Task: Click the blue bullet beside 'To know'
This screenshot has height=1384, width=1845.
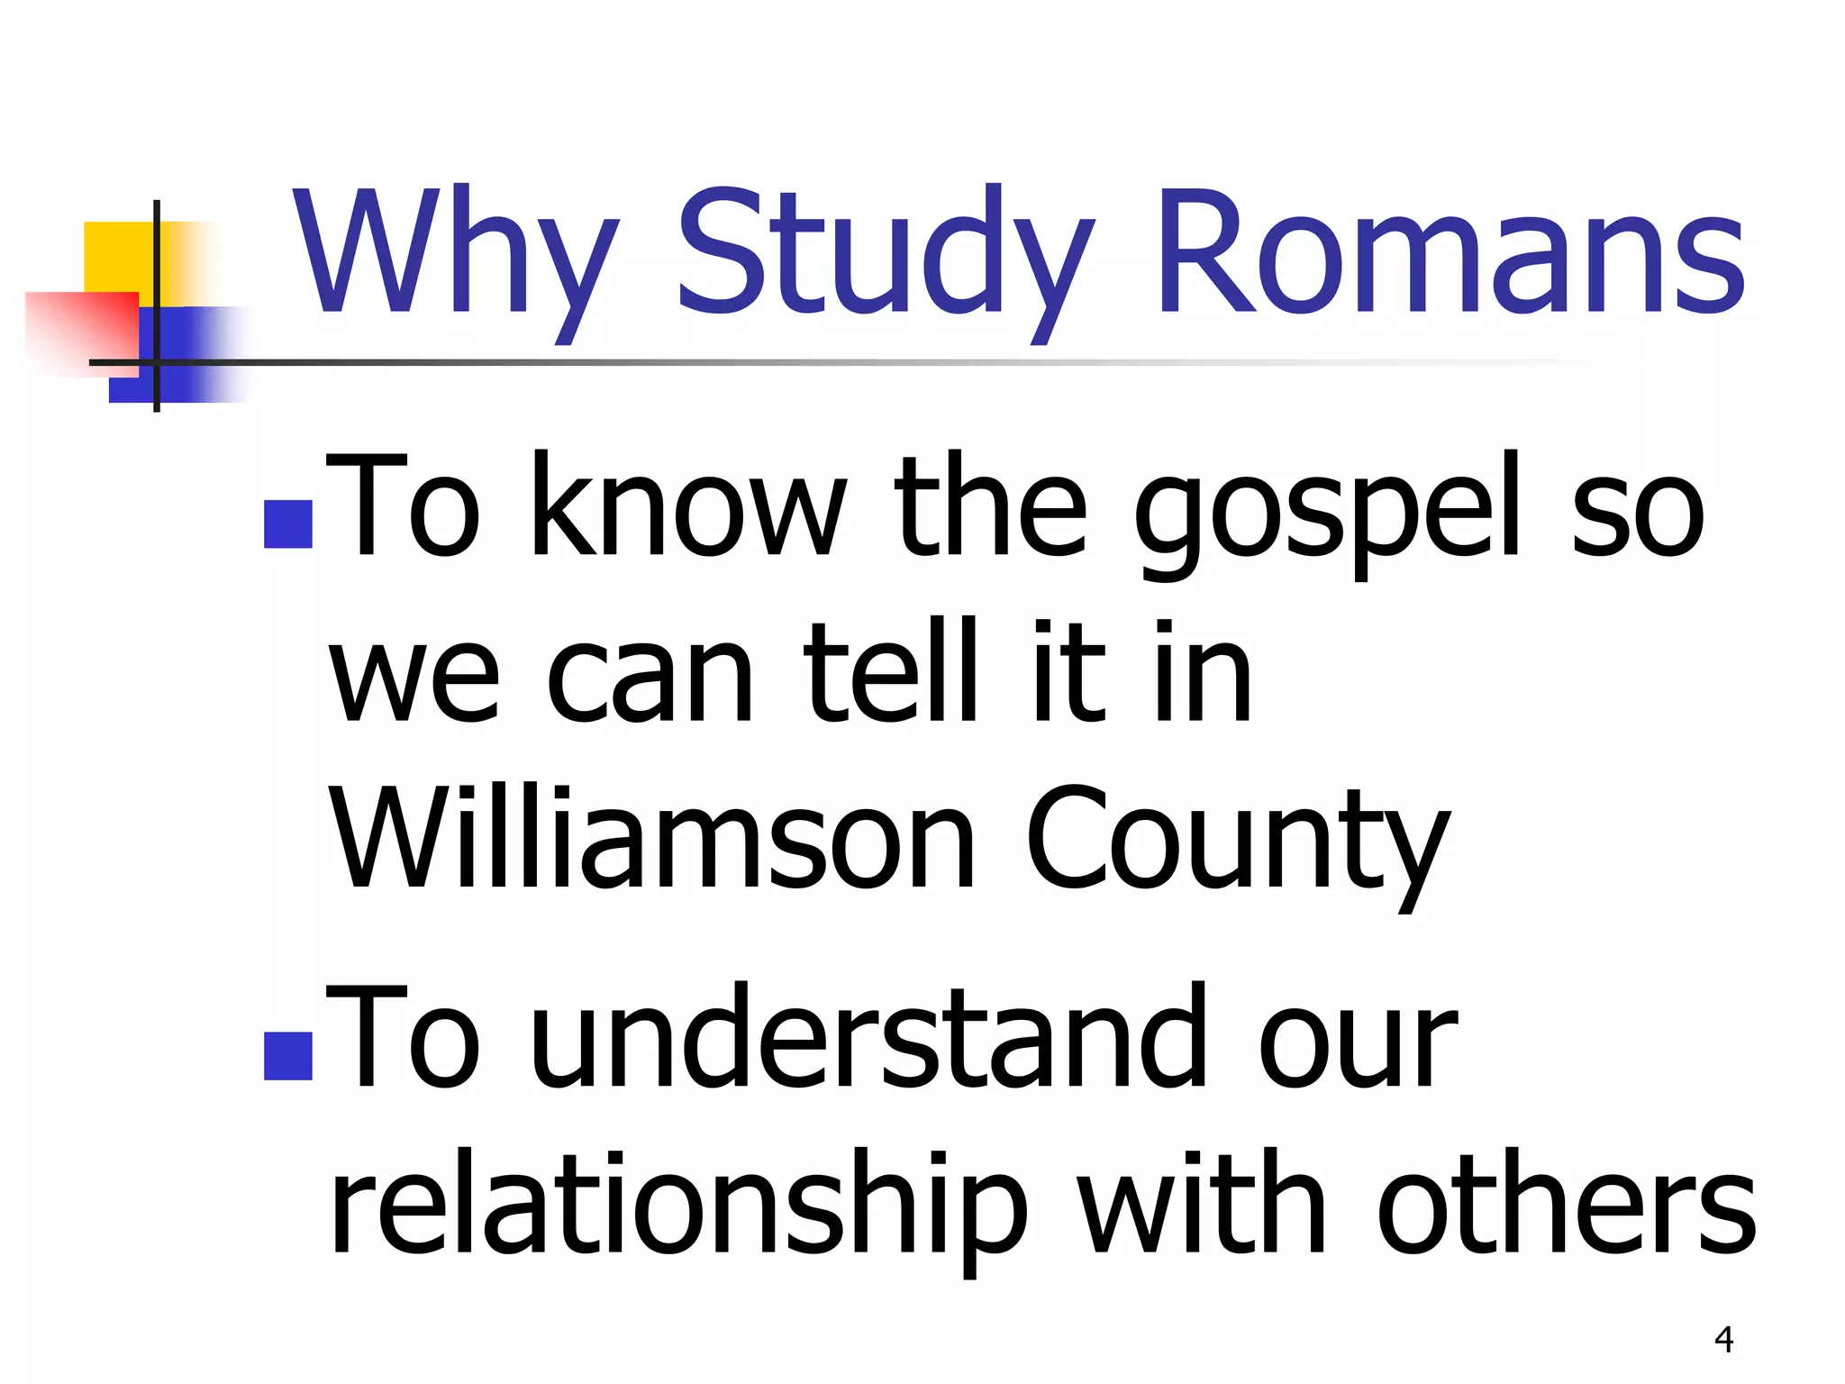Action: [288, 524]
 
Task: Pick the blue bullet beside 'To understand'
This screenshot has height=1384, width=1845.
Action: [288, 1056]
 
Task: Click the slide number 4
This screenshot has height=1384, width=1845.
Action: [1723, 1340]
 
